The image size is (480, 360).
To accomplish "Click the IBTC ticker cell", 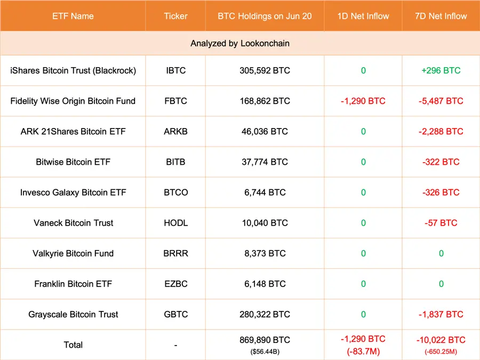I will pos(175,70).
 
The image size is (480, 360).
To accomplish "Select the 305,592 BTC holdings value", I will pos(265,70).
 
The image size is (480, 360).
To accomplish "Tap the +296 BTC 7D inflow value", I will pos(441,70).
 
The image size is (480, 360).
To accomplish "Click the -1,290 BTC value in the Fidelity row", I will pos(363,101).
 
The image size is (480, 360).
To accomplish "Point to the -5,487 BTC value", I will pos(441,101).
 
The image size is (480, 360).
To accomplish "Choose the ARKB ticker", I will pos(175,131).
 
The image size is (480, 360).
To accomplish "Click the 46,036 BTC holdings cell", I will pos(265,131).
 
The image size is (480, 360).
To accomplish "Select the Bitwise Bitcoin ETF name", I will pos(73,162).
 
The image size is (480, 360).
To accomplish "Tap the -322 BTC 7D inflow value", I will pos(441,162).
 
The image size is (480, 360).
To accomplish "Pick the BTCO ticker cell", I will pos(175,193).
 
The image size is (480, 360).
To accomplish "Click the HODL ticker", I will pos(175,223).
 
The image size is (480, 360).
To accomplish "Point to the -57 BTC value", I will pos(441,223).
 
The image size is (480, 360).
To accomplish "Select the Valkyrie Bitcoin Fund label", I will pos(73,253).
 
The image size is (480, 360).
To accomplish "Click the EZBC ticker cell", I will pos(175,284).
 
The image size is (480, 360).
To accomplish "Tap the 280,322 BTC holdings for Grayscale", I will pos(265,315).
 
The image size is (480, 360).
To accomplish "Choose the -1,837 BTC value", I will pos(441,315).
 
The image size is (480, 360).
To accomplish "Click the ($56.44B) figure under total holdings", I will pos(265,351).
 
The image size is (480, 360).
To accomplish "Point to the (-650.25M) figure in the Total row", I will pos(441,351).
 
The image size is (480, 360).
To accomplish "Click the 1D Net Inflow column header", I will pos(363,16).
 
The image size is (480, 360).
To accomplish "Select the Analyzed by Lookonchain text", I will pos(240,44).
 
